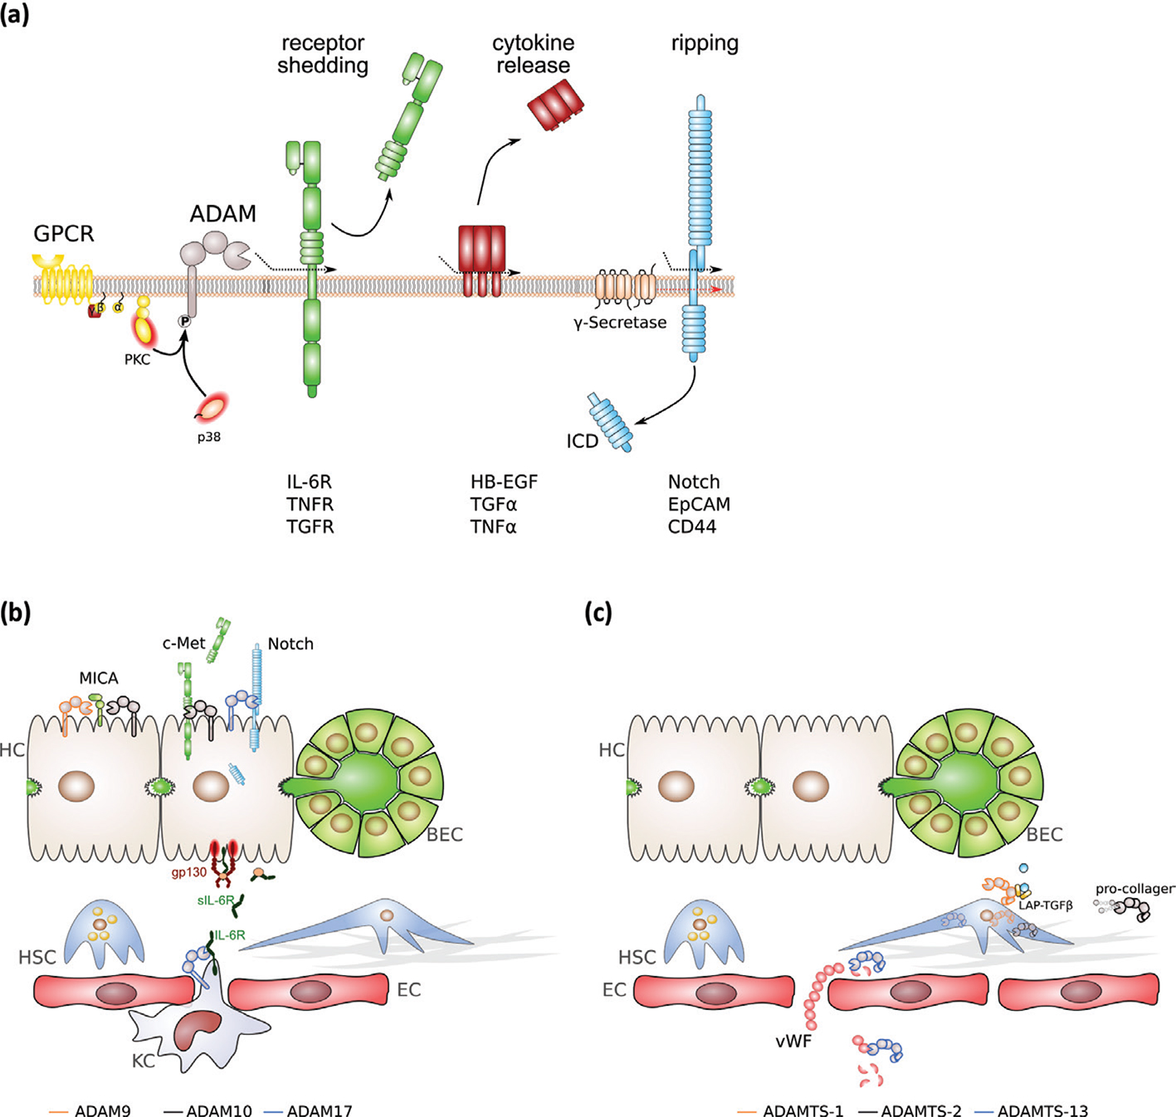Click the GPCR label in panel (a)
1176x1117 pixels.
[64, 234]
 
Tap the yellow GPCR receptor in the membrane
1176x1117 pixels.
[62, 280]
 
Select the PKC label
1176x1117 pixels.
[138, 359]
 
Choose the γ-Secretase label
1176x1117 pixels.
[620, 323]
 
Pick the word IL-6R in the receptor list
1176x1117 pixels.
[310, 482]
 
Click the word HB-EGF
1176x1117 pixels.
[505, 482]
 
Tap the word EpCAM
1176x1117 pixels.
[699, 505]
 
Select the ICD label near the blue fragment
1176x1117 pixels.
[583, 441]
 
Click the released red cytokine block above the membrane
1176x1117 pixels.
[555, 105]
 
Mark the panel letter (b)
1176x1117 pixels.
[16, 612]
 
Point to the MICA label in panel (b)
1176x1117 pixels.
[99, 679]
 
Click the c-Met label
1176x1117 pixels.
[183, 643]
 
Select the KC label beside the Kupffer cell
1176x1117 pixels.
[144, 1061]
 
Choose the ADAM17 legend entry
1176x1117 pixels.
[320, 1110]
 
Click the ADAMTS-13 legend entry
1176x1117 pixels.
[1042, 1110]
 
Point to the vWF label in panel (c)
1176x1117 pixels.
[793, 1041]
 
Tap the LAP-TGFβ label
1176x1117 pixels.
[1046, 905]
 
